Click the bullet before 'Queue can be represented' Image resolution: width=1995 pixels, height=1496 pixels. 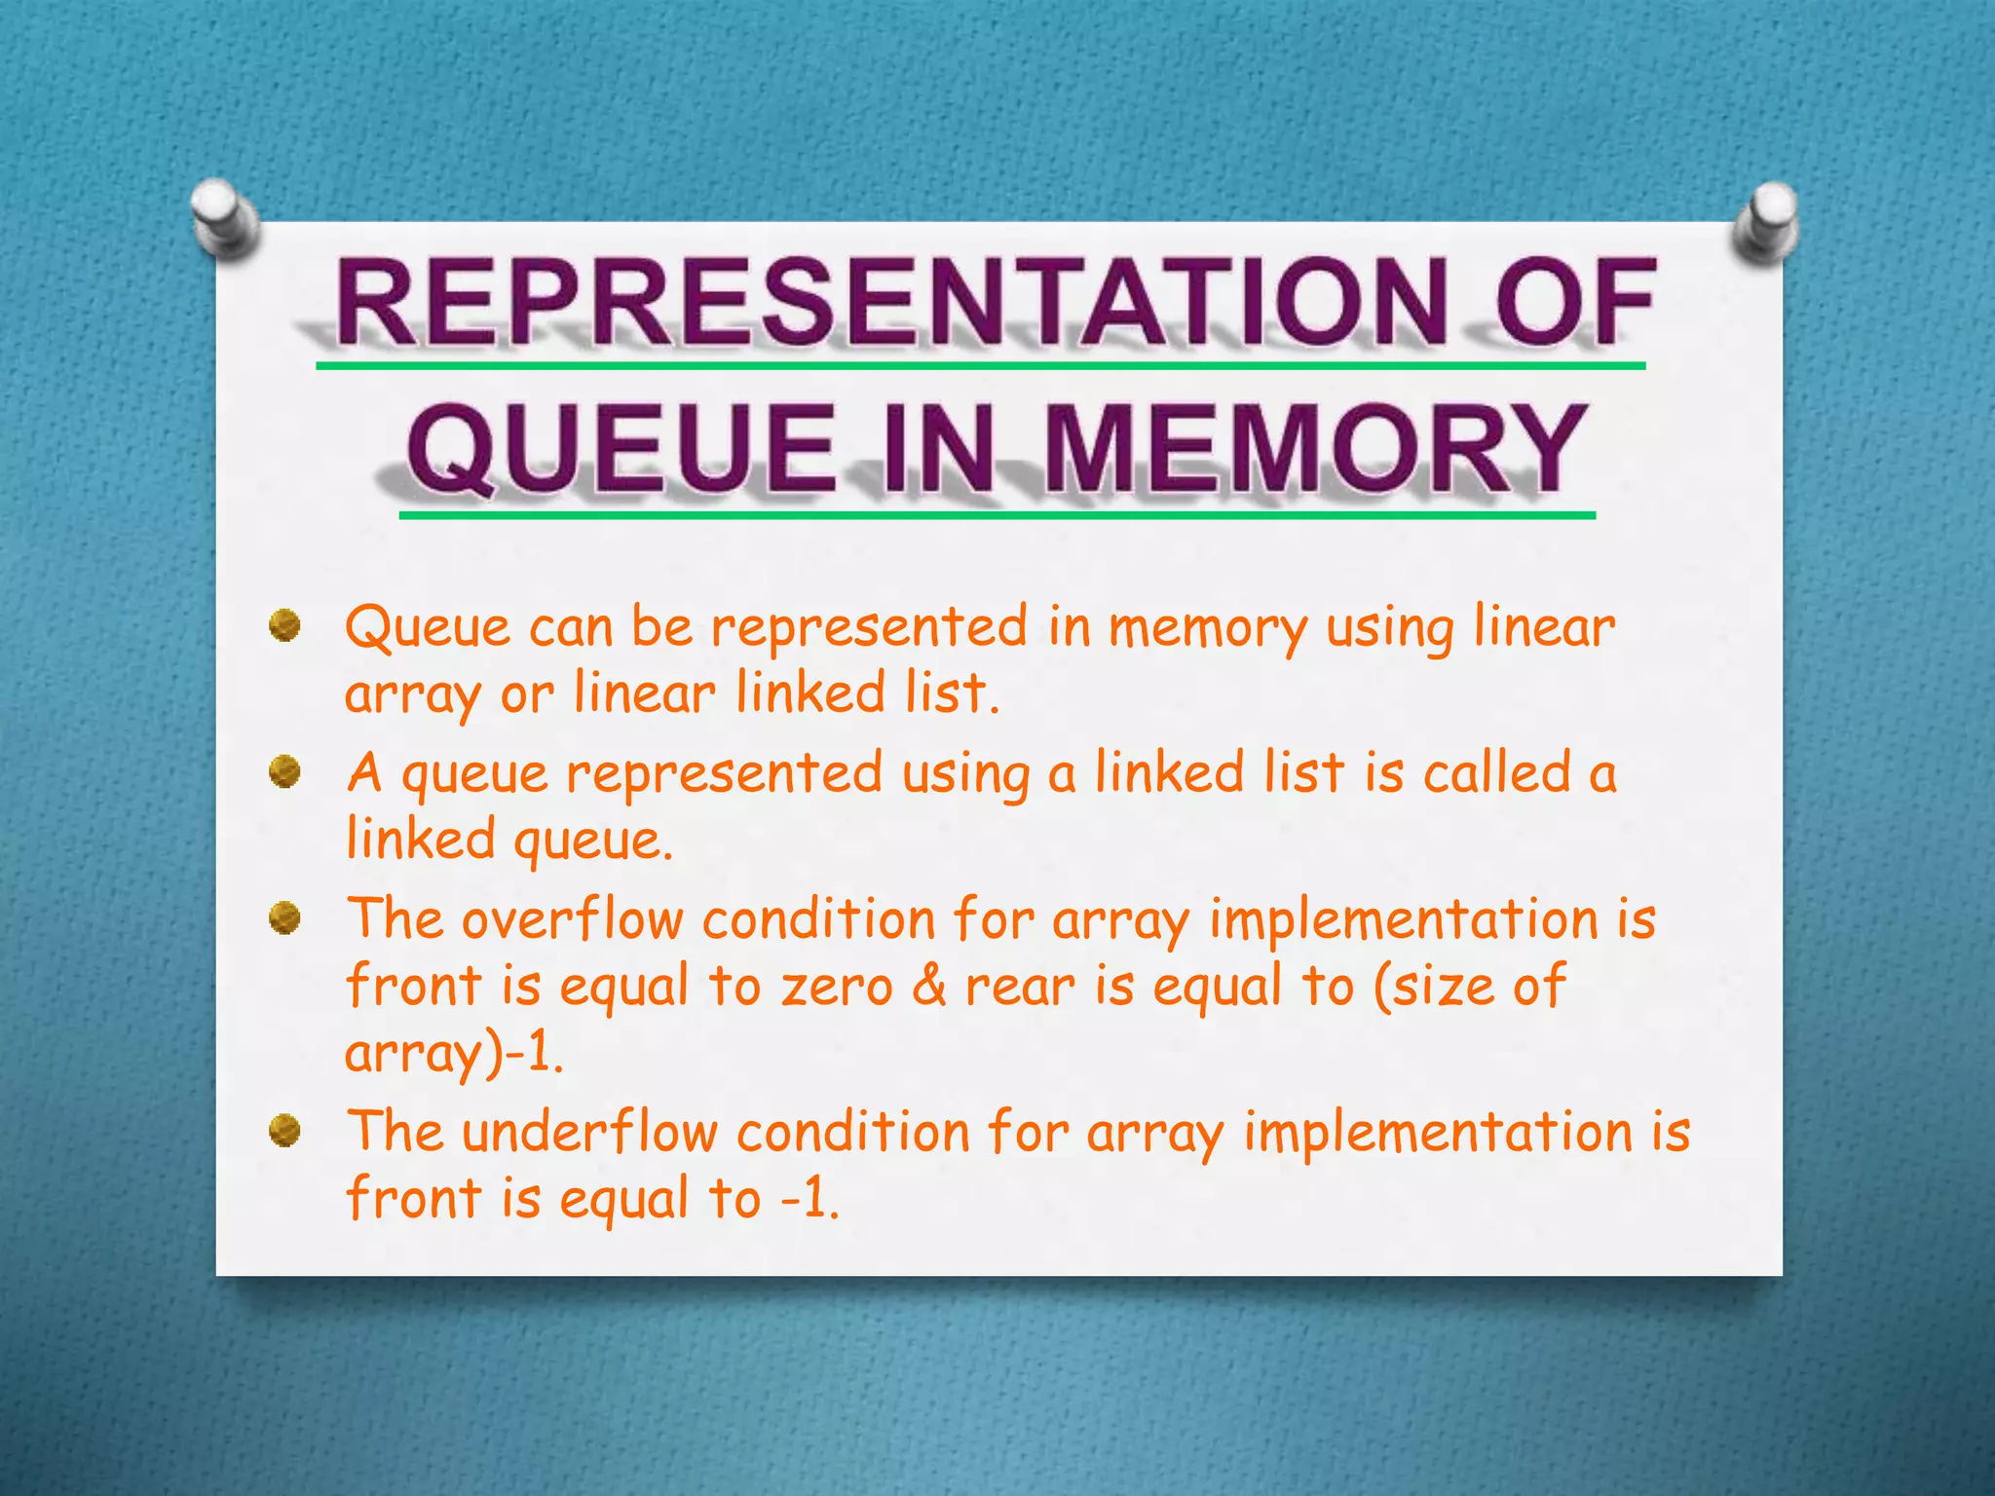[x=284, y=624]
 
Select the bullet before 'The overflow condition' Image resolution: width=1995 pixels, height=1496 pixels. [x=284, y=917]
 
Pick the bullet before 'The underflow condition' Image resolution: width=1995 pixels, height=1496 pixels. [x=284, y=1131]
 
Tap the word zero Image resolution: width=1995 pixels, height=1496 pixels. [x=836, y=987]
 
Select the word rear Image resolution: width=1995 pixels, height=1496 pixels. [x=1020, y=987]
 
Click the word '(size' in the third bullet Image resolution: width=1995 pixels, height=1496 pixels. [x=1432, y=986]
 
